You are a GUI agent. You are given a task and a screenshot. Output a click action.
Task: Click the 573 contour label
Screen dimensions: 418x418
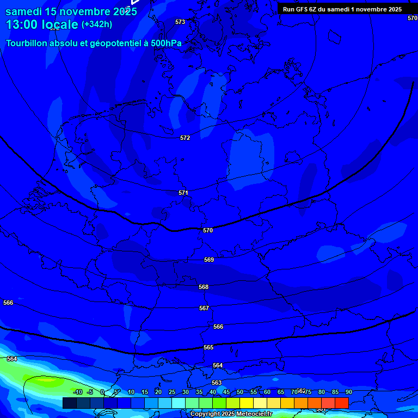(180, 22)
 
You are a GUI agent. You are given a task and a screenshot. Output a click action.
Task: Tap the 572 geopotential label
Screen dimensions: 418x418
(185, 138)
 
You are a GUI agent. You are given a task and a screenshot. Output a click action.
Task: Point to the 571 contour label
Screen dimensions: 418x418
(183, 193)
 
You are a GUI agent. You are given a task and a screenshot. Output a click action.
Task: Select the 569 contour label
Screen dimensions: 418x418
(209, 260)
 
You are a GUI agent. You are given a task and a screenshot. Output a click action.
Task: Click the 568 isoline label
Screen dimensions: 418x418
(204, 287)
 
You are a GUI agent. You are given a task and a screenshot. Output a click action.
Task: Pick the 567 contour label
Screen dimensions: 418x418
(204, 308)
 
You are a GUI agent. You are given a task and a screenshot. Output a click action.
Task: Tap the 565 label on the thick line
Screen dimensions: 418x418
(208, 347)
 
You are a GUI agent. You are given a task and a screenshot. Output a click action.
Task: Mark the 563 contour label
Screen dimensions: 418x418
(217, 383)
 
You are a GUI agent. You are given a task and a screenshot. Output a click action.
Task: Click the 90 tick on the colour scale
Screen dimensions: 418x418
(348, 392)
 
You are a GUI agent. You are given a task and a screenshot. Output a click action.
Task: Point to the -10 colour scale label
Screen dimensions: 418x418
(78, 392)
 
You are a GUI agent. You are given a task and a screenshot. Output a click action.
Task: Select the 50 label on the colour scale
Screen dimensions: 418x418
(240, 392)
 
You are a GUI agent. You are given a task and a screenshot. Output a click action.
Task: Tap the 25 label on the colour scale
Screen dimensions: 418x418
(172, 392)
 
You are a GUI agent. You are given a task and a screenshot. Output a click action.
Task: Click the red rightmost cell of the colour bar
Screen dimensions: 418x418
(342, 403)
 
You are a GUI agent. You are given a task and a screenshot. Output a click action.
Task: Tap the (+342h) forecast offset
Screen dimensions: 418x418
(97, 24)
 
